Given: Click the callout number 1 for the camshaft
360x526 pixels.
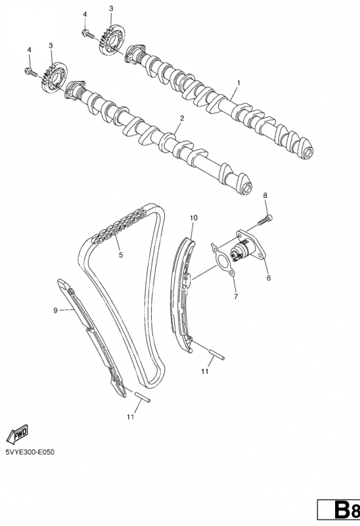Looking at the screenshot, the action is (x=238, y=83).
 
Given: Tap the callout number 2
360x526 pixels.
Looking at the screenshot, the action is (x=182, y=118).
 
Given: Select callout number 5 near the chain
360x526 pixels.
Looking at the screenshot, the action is (x=121, y=255).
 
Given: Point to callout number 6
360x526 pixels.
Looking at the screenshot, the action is (x=268, y=277).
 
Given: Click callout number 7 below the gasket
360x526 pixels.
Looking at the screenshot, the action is (x=236, y=297).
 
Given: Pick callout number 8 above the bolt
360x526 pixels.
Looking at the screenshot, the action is (x=265, y=195).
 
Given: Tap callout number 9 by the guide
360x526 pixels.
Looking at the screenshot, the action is (x=55, y=310).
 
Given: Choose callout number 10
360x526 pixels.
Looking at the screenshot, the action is (x=193, y=218).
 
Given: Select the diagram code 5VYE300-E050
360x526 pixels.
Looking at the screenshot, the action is (x=30, y=452).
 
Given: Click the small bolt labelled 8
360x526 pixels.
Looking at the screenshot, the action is (x=265, y=220).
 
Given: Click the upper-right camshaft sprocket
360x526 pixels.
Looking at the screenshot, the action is (x=112, y=39).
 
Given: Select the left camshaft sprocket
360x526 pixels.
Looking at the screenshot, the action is (x=54, y=77).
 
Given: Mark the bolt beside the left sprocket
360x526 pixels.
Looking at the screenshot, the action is (x=31, y=72).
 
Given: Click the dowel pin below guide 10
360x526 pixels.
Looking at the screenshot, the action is (x=217, y=355).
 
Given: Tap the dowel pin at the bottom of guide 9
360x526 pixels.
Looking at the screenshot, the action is (x=143, y=396).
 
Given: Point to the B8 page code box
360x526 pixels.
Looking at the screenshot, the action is (x=338, y=511).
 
